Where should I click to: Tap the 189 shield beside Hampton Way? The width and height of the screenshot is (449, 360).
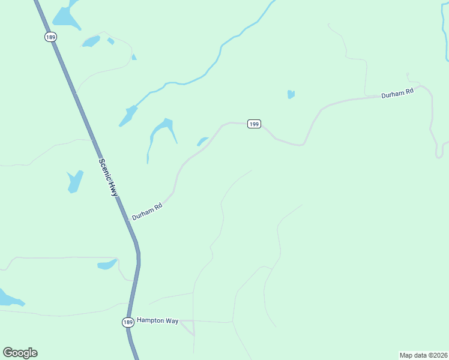tap(128, 322)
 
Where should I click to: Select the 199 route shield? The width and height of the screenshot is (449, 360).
tap(253, 124)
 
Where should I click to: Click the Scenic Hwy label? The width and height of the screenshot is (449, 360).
tap(108, 178)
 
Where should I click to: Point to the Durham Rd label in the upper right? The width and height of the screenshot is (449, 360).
tap(397, 94)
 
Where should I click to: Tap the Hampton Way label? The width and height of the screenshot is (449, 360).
tap(157, 321)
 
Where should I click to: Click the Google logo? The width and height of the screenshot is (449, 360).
tap(20, 353)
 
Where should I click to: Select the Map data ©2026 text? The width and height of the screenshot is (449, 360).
tap(423, 355)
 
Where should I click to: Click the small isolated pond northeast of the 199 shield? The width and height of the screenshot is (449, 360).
tap(291, 94)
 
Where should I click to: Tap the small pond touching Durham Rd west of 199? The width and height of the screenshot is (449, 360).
tap(202, 142)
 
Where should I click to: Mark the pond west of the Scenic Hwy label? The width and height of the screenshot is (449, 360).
tap(75, 181)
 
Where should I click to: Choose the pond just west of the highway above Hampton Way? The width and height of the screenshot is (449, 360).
tap(107, 264)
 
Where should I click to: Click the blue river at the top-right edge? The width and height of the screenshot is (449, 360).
tap(445, 36)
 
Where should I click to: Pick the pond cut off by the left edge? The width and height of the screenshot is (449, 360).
tap(9, 298)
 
